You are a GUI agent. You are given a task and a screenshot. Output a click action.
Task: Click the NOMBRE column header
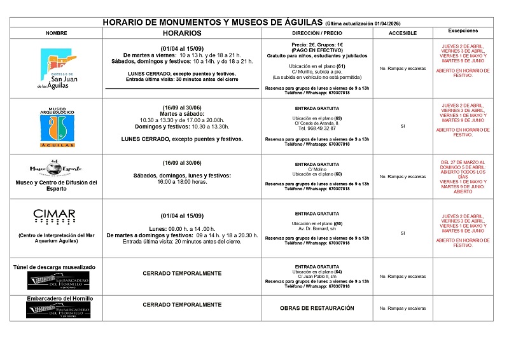click(57, 32)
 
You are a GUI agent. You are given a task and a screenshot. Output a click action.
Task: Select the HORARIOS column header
click(182, 32)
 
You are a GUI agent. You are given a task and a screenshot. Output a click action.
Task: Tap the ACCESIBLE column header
click(402, 32)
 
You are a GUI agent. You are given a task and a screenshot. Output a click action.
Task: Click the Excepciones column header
click(463, 31)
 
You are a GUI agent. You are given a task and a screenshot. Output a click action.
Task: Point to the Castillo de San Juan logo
click(57, 70)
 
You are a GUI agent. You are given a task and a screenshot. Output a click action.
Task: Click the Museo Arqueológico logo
click(57, 127)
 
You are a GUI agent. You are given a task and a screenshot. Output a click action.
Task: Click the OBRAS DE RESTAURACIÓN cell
click(317, 308)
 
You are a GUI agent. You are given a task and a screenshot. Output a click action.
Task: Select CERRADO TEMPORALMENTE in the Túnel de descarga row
click(182, 273)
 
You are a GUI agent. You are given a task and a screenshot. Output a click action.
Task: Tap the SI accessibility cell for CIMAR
click(402, 233)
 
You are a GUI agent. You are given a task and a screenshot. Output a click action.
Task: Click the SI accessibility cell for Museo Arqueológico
click(402, 127)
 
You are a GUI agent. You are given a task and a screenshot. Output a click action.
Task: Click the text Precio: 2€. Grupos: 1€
click(317, 45)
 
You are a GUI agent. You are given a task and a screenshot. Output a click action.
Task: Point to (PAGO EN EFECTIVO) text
click(317, 50)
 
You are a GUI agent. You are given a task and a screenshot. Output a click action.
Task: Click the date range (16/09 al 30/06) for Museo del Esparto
click(182, 162)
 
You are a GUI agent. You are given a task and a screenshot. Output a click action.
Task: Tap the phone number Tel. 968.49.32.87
click(317, 127)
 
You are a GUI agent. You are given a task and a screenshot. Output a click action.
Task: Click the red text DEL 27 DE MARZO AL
click(463, 162)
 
